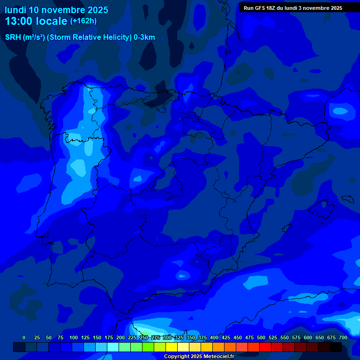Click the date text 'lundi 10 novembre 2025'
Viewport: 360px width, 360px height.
pyautogui.click(x=56, y=10)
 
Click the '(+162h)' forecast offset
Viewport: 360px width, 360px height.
pyautogui.click(x=83, y=21)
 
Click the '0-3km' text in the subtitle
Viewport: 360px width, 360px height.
pyautogui.click(x=144, y=37)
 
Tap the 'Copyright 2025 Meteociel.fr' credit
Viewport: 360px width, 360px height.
pyautogui.click(x=199, y=357)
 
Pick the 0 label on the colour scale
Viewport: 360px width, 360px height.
pyautogui.click(x=24, y=337)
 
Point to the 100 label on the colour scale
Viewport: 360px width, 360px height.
pyautogui.click(x=74, y=337)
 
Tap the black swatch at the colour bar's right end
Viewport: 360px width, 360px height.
pyautogui.click(x=336, y=347)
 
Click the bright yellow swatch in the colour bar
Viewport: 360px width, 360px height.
pyautogui.click(x=172, y=347)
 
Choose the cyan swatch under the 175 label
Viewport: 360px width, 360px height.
pyautogui.click(x=113, y=347)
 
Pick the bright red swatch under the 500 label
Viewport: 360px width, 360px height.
pyautogui.click(x=265, y=347)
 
